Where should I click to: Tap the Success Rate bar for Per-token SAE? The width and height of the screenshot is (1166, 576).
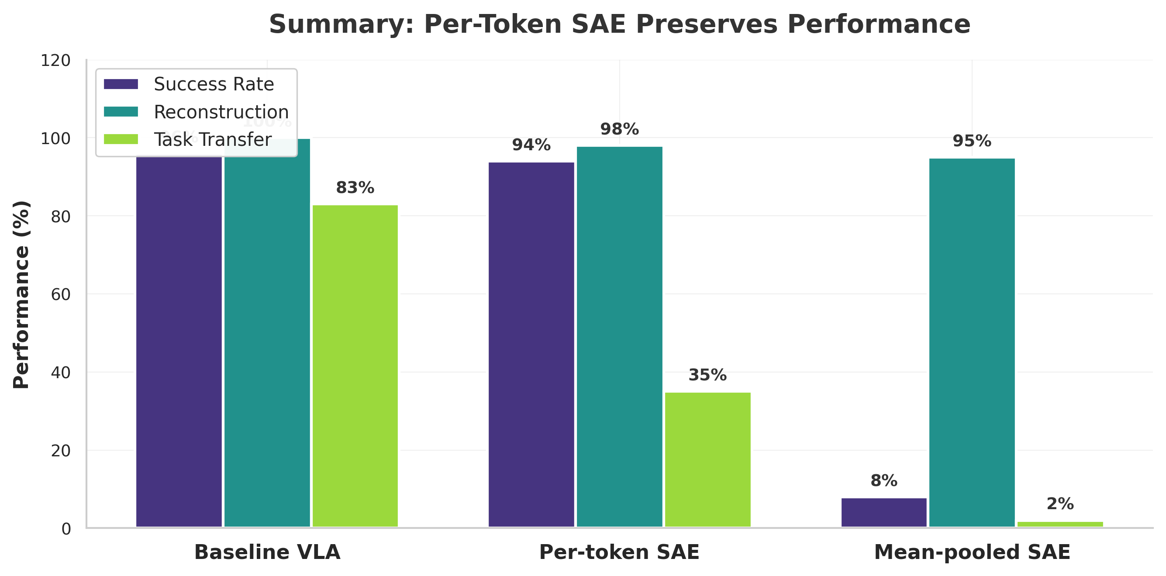point(531,344)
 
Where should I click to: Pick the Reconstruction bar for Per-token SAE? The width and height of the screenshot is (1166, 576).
point(619,337)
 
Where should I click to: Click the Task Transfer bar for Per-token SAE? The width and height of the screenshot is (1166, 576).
point(707,459)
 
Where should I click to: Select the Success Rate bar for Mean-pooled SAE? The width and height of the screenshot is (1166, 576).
point(883,512)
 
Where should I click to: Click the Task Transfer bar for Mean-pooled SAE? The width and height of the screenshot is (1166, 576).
point(1060,524)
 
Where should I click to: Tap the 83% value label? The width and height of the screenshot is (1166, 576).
point(355,188)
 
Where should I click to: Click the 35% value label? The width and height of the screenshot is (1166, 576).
point(707,375)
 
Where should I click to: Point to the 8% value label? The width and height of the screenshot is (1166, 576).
point(883,481)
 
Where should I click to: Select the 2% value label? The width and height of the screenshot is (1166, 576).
point(1060,504)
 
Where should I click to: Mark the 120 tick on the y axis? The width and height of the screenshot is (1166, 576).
point(55,61)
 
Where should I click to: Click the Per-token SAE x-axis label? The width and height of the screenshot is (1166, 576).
point(619,552)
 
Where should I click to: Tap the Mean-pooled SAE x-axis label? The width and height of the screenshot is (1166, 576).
point(972,552)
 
